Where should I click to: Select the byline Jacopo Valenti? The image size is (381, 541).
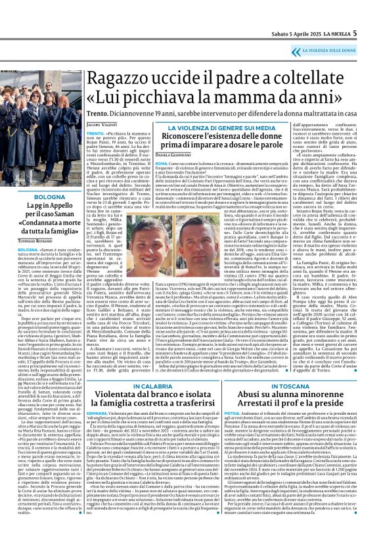tap(101, 124)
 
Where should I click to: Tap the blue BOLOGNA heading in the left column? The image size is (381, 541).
tap(41, 197)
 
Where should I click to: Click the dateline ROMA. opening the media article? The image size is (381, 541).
tap(145, 162)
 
